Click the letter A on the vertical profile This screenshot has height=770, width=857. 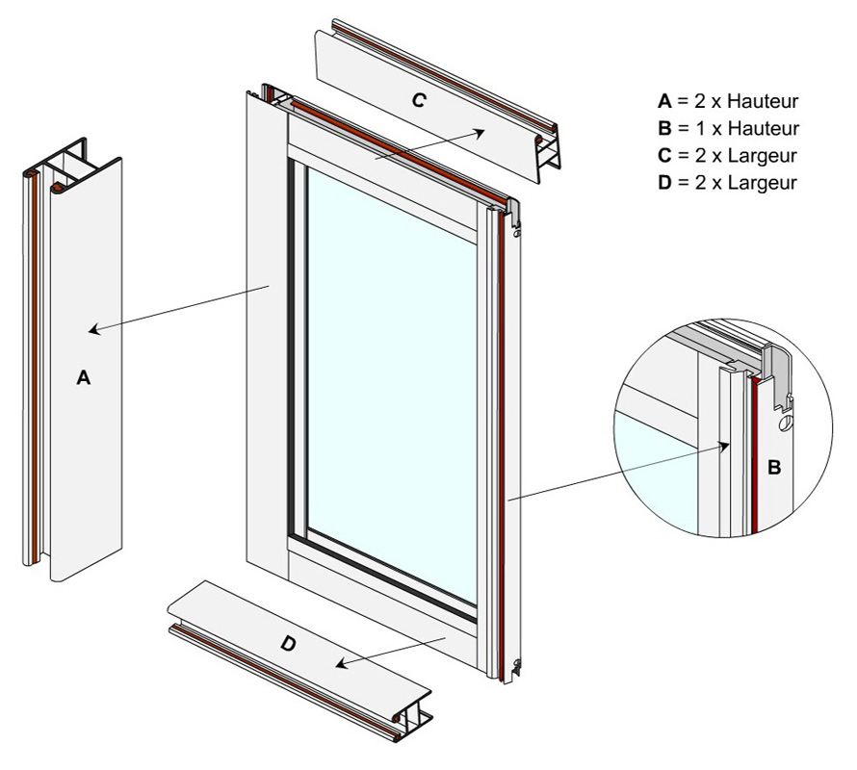pyautogui.click(x=84, y=379)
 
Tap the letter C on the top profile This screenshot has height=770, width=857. pyautogui.click(x=418, y=99)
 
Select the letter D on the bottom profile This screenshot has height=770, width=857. pyautogui.click(x=288, y=644)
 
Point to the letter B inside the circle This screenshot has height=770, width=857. pyautogui.click(x=773, y=468)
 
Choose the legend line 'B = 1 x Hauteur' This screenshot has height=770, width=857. pyautogui.click(x=728, y=128)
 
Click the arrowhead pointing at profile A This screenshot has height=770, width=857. pyautogui.click(x=93, y=331)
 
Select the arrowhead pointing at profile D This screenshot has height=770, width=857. pyautogui.click(x=340, y=663)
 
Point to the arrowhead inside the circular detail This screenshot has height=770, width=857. pyautogui.click(x=726, y=445)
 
